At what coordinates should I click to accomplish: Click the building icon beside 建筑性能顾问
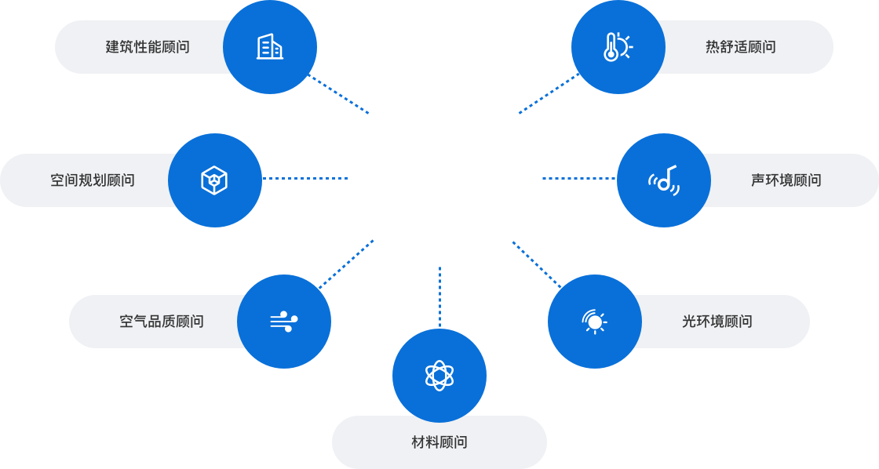[270, 47]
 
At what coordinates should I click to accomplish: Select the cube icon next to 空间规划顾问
[214, 180]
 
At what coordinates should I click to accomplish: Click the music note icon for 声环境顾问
[664, 180]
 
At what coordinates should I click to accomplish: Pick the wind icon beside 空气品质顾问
[283, 321]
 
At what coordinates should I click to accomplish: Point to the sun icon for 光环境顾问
[594, 321]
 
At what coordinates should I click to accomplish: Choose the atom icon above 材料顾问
[439, 375]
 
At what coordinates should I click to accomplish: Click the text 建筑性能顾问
[148, 47]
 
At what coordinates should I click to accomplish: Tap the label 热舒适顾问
[740, 47]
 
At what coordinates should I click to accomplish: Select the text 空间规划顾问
[93, 180]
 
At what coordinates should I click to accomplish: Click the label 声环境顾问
[786, 180]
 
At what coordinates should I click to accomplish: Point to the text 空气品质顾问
[162, 322]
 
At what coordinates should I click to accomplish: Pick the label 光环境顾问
[717, 322]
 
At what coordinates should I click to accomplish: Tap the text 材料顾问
[439, 442]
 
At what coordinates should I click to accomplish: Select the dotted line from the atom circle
[439, 296]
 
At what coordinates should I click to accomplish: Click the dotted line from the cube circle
[305, 178]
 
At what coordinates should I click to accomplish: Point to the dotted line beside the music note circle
[579, 178]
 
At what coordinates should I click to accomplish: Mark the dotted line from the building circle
[340, 95]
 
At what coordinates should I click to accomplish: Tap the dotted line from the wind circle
[345, 264]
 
